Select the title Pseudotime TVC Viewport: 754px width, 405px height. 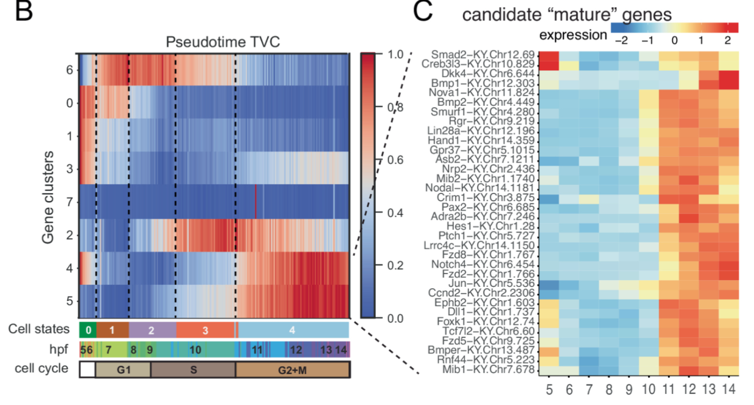pyautogui.click(x=223, y=42)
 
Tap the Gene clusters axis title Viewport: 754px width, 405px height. pyautogui.click(x=48, y=197)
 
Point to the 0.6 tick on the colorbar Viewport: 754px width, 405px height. pyautogui.click(x=395, y=160)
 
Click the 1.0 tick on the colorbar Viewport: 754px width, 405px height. pyautogui.click(x=395, y=55)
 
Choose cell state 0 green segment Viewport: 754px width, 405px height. pyautogui.click(x=88, y=330)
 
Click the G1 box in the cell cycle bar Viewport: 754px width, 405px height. pyautogui.click(x=123, y=370)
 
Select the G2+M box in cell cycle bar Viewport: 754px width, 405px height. pyautogui.click(x=292, y=370)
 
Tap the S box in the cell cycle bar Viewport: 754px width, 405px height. pyautogui.click(x=193, y=370)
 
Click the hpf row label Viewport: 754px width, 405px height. pyautogui.click(x=58, y=349)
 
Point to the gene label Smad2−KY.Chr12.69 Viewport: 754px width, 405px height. pyautogui.click(x=483, y=55)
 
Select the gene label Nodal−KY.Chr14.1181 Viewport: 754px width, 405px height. pyautogui.click(x=480, y=188)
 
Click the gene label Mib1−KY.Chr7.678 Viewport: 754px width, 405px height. pyautogui.click(x=488, y=369)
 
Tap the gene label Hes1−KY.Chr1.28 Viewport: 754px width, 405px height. pyautogui.click(x=490, y=226)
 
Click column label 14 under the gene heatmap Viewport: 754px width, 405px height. pyautogui.click(x=729, y=389)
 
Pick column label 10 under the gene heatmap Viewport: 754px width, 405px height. pyautogui.click(x=648, y=389)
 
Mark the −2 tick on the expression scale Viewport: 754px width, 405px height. pyautogui.click(x=621, y=40)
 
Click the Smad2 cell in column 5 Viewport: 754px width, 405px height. pyautogui.click(x=549, y=56)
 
